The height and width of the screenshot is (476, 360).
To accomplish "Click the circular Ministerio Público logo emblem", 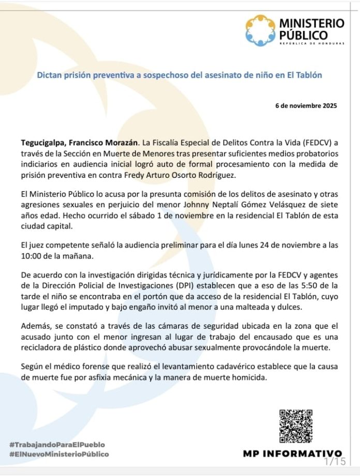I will pyautogui.click(x=261, y=30).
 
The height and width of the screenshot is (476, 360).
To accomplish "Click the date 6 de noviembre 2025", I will pyautogui.click(x=306, y=106).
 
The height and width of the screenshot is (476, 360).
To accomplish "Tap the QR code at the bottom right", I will pyautogui.click(x=295, y=426).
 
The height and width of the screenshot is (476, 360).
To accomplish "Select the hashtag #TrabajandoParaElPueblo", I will pyautogui.click(x=57, y=444).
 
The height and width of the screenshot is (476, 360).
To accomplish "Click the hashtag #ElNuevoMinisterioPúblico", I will pyautogui.click(x=59, y=454).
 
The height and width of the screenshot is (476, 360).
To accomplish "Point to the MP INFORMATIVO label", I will pyautogui.click(x=292, y=453).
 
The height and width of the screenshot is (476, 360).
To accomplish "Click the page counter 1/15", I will pyautogui.click(x=334, y=460).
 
